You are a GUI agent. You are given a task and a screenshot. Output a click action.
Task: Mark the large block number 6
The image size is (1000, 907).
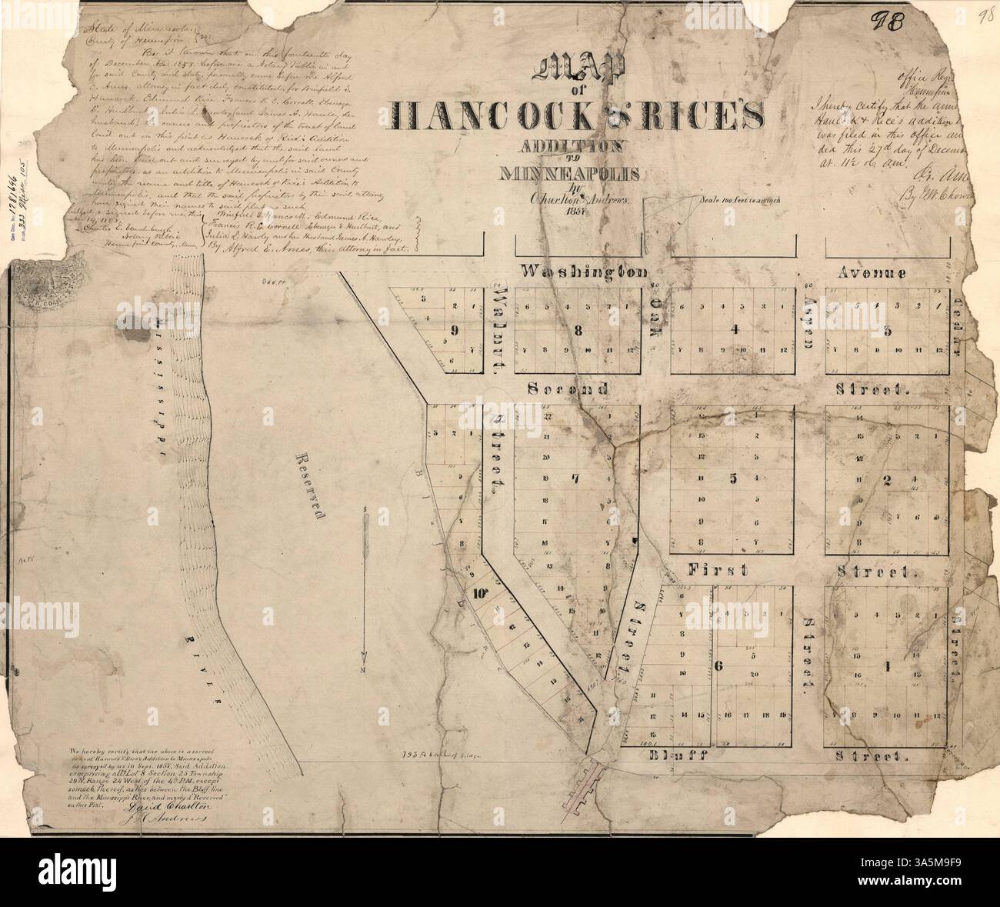click(717, 666)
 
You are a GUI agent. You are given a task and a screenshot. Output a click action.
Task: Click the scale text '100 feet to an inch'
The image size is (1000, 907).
click(741, 202)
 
